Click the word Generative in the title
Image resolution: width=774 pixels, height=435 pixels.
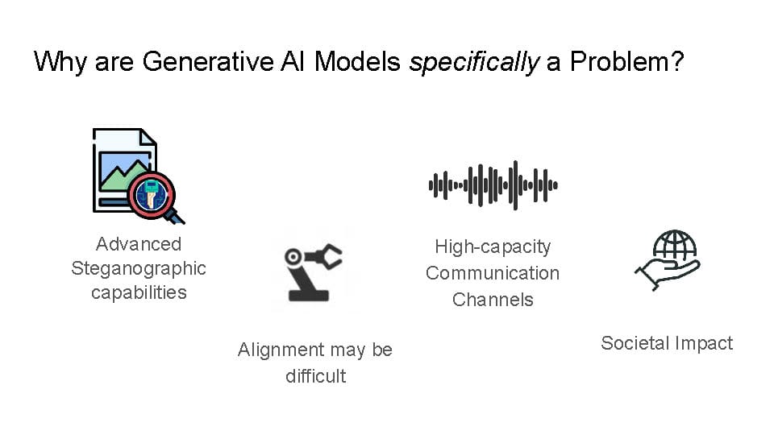(x=208, y=62)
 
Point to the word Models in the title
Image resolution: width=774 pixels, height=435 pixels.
(x=357, y=62)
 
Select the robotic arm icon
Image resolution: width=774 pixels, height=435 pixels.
(x=314, y=271)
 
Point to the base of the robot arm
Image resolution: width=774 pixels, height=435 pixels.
(x=309, y=296)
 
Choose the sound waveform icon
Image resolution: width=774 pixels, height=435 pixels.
(x=493, y=185)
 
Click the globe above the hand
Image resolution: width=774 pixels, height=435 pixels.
(x=674, y=245)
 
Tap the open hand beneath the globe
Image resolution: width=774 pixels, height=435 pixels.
(x=667, y=275)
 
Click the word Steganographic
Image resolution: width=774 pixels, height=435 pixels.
(x=139, y=269)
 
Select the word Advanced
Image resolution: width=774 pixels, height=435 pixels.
(x=139, y=244)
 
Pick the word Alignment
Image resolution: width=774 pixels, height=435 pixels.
(x=281, y=350)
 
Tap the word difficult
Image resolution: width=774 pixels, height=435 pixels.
(x=316, y=376)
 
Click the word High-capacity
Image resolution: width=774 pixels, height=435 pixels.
(x=493, y=247)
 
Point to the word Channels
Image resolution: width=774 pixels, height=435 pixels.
(x=493, y=300)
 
